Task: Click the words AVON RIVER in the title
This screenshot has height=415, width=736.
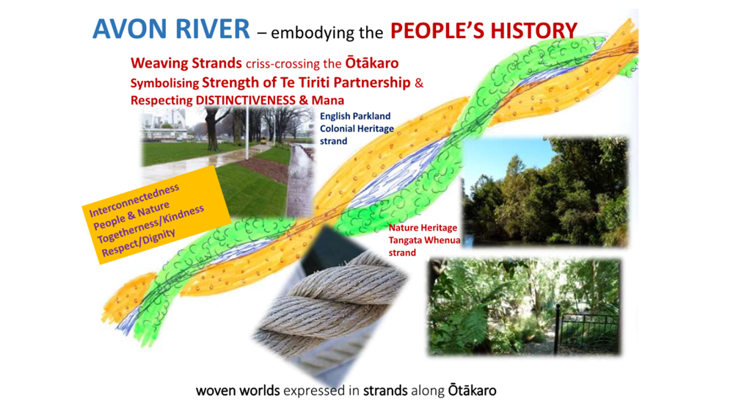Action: click(171, 29)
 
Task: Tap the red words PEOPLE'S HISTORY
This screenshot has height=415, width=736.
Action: click(484, 31)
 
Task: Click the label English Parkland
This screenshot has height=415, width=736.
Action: click(355, 116)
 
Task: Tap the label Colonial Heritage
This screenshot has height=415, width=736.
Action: click(357, 129)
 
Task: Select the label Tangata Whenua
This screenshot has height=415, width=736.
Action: click(424, 240)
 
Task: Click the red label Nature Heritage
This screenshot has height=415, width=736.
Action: click(423, 228)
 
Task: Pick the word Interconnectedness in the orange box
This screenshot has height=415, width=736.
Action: click(134, 201)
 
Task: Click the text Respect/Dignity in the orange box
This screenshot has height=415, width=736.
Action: click(139, 242)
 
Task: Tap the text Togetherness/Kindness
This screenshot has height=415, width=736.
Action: click(150, 224)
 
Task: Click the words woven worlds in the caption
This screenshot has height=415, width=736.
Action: click(238, 391)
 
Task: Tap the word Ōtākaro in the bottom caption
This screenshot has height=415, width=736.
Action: click(473, 390)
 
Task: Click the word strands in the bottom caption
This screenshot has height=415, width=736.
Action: click(385, 391)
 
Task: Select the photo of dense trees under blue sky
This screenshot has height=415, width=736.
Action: click(545, 192)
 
